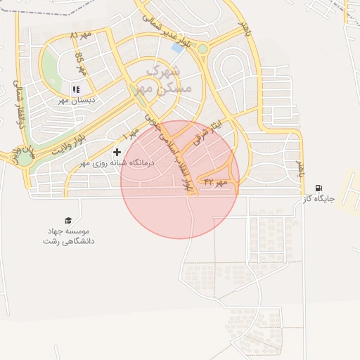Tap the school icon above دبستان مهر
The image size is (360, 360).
pyautogui.click(x=76, y=89)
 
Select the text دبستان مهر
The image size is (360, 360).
pyautogui.click(x=77, y=101)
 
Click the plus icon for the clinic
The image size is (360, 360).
pyautogui.click(x=117, y=152)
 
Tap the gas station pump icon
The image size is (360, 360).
pyautogui.click(x=319, y=188)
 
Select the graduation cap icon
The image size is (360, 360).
pyautogui.click(x=68, y=220)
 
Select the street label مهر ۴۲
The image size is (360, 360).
pyautogui.click(x=216, y=182)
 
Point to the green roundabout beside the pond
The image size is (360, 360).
pyautogui.click(x=202, y=49)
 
